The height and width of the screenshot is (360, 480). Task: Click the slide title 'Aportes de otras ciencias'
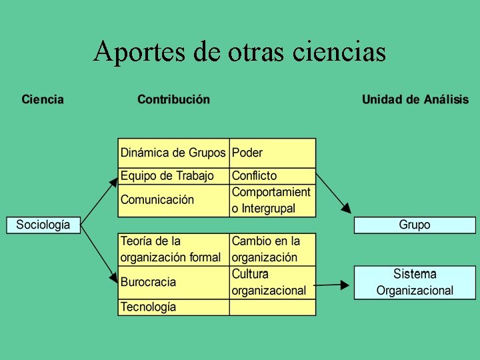(x=240, y=51)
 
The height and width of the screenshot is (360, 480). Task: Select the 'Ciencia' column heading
(x=43, y=100)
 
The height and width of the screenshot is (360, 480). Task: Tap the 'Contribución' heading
(x=173, y=100)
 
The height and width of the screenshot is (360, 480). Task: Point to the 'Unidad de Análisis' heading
(x=415, y=100)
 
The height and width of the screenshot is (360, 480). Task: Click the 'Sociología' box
(x=43, y=225)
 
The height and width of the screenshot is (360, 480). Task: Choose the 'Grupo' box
(x=415, y=225)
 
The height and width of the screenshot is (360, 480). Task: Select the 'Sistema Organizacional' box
(x=415, y=282)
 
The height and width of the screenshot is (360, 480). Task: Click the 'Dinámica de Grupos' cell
(x=173, y=153)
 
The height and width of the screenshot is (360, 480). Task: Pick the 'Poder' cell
(x=272, y=153)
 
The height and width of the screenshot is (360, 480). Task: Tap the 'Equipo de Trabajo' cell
(x=173, y=176)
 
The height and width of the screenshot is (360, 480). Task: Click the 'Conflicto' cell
(x=272, y=176)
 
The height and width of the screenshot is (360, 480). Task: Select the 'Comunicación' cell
(x=173, y=200)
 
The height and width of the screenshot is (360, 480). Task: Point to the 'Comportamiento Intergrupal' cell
(x=272, y=200)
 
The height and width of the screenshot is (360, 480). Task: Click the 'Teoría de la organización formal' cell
(x=173, y=249)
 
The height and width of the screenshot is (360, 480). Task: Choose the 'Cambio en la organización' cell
(x=272, y=249)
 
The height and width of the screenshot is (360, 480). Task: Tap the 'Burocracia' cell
(x=173, y=282)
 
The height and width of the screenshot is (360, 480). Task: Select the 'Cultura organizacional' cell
(x=272, y=282)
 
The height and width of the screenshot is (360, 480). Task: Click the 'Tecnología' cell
(x=173, y=307)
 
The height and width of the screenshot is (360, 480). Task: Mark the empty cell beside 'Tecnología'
(x=272, y=307)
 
